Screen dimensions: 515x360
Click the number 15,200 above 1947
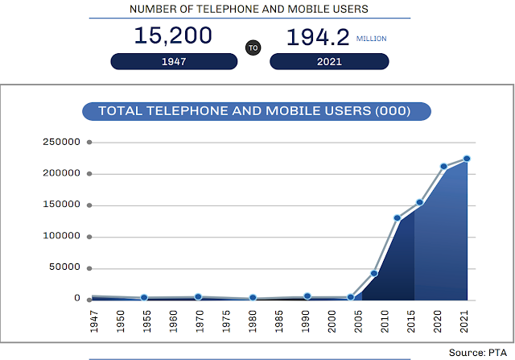(x=173, y=35)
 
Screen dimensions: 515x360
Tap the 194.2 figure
(x=318, y=37)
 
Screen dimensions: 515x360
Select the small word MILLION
(x=372, y=39)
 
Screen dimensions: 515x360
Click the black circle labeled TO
(x=253, y=48)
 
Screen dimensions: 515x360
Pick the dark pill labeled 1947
(x=174, y=61)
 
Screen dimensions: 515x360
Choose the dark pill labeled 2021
(x=329, y=61)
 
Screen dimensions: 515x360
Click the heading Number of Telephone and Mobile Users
(x=249, y=9)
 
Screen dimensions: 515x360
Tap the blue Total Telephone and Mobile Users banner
(x=257, y=111)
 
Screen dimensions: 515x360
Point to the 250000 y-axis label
(x=61, y=142)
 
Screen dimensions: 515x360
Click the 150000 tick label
(x=61, y=205)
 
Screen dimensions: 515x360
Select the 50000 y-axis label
(x=64, y=267)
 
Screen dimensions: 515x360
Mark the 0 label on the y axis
(x=77, y=298)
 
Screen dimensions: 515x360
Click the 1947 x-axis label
(x=94, y=321)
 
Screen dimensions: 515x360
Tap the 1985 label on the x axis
(x=279, y=321)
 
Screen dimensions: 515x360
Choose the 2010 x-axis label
(x=385, y=321)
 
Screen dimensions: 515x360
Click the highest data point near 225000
(x=467, y=159)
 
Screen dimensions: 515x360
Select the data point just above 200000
(x=443, y=167)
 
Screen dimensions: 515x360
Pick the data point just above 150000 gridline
(x=419, y=202)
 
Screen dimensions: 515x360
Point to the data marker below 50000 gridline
(x=373, y=274)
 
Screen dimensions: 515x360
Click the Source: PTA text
(x=478, y=353)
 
